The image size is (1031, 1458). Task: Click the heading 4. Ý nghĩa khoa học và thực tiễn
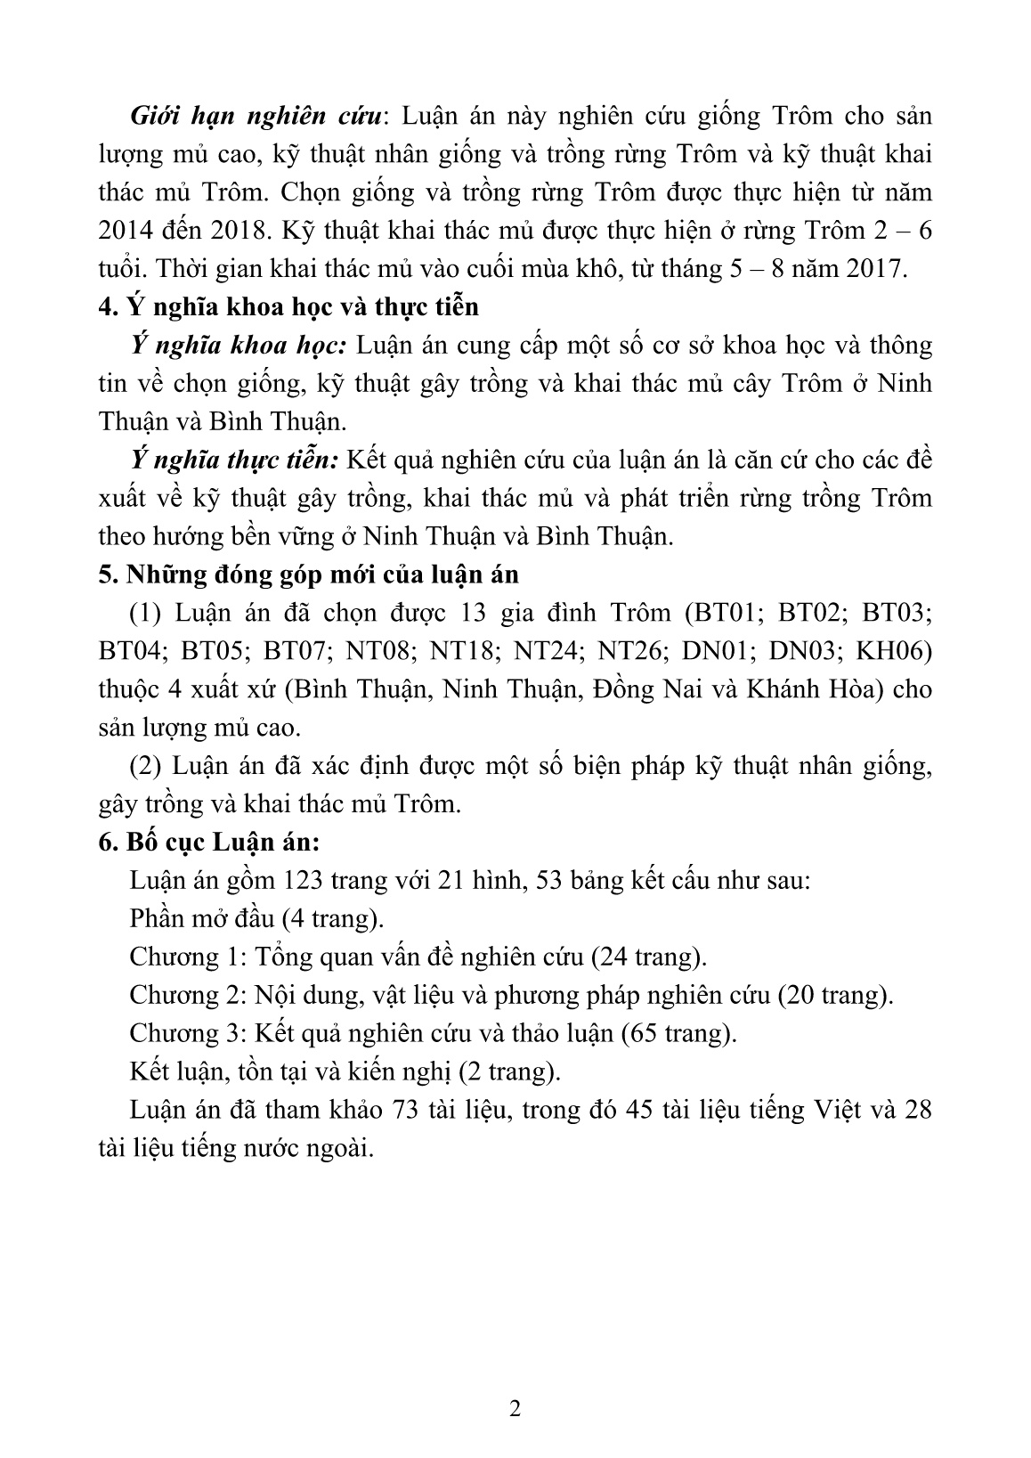[288, 307]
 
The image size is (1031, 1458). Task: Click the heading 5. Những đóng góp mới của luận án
[308, 575]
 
